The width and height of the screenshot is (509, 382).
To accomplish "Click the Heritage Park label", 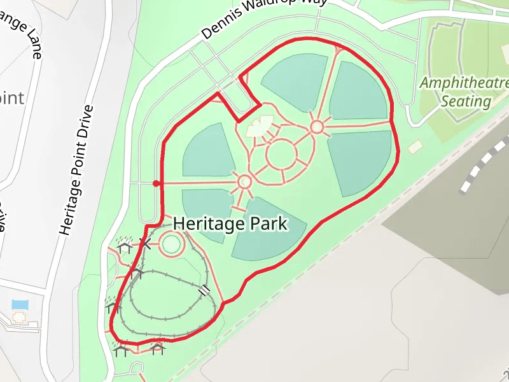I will coord(230,224).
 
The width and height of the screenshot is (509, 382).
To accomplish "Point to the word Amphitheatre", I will coord(464,83).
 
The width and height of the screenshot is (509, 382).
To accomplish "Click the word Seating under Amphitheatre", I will coord(466,101).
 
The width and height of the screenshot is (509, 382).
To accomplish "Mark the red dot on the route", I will coord(157,184).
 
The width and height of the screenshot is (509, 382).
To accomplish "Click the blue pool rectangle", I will coord(20,304).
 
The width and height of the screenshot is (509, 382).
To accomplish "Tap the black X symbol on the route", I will coord(146,243).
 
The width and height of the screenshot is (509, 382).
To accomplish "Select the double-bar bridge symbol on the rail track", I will coord(204,291).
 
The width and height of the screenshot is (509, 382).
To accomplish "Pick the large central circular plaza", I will coord(281,154).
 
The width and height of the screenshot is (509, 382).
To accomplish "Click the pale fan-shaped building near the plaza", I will coord(260,127).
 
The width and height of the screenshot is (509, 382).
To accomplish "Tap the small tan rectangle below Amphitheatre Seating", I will coord(415,147).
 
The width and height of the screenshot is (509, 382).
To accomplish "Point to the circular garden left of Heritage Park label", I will coord(171,244).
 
